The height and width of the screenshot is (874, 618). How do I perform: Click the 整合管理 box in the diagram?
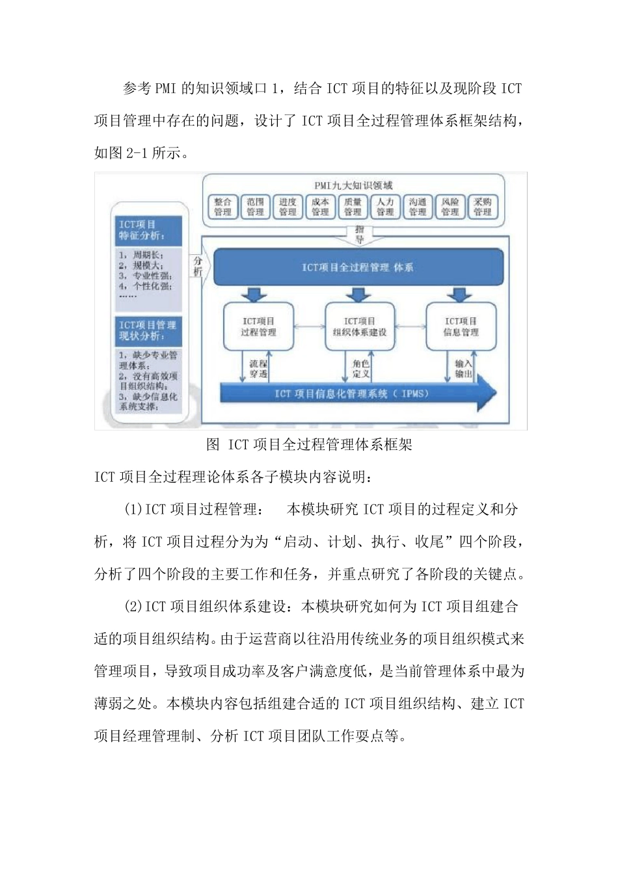[222, 207]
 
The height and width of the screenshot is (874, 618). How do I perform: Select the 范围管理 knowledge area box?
[255, 207]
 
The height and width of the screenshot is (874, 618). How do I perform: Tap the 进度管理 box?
[288, 207]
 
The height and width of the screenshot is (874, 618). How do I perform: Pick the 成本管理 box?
[320, 207]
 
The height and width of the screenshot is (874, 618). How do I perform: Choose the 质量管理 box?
[353, 207]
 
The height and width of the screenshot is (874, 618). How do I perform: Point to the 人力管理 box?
[385, 207]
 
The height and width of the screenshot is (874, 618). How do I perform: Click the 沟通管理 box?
[418, 207]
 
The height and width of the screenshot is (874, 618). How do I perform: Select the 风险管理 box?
[450, 207]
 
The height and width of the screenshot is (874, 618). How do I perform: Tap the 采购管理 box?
[483, 207]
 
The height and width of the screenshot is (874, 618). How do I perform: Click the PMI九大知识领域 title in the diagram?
[353, 186]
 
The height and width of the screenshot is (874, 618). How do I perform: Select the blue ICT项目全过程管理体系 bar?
[358, 267]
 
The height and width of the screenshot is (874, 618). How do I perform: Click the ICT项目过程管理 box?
[258, 326]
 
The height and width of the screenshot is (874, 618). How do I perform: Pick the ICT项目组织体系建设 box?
[360, 326]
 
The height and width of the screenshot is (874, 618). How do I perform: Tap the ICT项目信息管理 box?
[461, 326]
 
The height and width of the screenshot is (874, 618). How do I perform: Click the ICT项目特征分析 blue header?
[148, 230]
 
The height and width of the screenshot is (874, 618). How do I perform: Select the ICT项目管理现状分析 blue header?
[148, 330]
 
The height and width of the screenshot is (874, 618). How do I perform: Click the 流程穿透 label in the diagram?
[258, 369]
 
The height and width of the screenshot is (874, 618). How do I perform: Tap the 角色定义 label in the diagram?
[361, 369]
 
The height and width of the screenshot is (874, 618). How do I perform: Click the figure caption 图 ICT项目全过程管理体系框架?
[309, 445]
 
